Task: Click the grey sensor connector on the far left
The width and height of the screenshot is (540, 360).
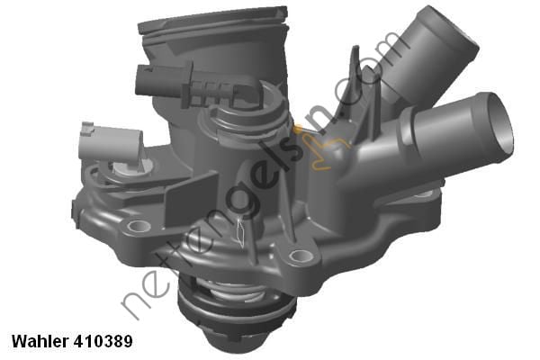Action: (x=109, y=142)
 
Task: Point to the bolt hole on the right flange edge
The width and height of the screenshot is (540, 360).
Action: (x=427, y=193)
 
